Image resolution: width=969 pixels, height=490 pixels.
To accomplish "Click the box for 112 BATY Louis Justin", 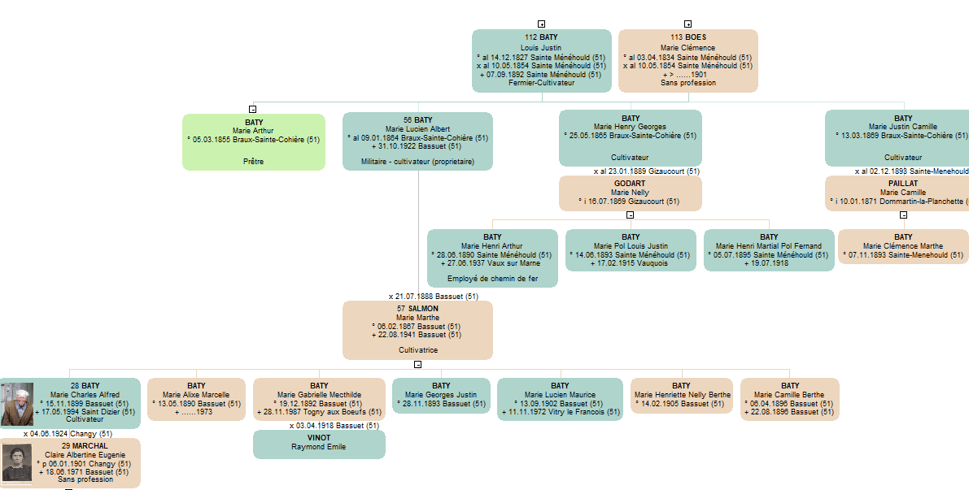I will [541, 60].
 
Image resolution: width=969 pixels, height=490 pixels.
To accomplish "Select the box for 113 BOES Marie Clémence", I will [687, 60].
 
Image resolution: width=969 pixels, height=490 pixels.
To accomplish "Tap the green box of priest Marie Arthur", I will [253, 141].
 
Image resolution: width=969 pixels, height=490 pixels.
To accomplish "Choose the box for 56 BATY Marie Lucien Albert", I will [417, 141].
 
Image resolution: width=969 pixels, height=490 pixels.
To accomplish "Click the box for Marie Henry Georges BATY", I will [630, 138].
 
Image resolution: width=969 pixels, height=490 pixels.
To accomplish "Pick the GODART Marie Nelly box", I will [630, 193].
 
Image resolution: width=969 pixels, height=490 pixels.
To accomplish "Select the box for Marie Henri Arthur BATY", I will [492, 258].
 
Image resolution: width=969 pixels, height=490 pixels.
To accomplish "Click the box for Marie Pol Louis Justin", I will [631, 249].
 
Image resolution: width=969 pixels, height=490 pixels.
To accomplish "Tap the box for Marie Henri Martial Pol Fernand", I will [769, 249].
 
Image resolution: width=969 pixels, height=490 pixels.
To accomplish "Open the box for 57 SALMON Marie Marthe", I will [417, 330].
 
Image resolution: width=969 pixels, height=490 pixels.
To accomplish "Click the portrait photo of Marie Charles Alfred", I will [17, 404].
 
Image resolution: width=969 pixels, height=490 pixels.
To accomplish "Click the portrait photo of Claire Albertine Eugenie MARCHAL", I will [17, 462].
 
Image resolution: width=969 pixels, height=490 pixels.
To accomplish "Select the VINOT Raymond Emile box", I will [319, 444].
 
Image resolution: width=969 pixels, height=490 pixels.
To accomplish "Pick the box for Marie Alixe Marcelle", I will [196, 399].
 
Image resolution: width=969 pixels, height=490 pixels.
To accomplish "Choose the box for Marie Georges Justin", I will [441, 396].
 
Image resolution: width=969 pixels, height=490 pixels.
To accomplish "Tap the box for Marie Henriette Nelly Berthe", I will [681, 396].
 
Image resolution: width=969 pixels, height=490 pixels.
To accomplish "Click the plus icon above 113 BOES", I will [687, 24].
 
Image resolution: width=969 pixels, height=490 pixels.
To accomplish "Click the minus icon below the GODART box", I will [630, 215].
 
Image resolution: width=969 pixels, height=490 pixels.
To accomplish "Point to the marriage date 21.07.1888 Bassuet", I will [433, 296].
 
